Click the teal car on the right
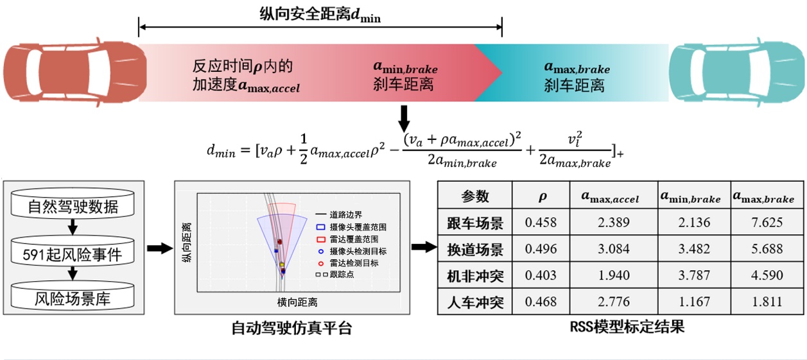pyautogui.click(x=736, y=73)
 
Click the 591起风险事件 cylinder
pyautogui.click(x=73, y=254)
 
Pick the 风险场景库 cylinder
pyautogui.click(x=73, y=298)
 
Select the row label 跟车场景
pyautogui.click(x=475, y=223)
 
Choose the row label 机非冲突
pyautogui.click(x=475, y=276)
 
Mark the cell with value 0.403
pyautogui.click(x=541, y=276)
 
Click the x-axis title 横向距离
pyautogui.click(x=297, y=302)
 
